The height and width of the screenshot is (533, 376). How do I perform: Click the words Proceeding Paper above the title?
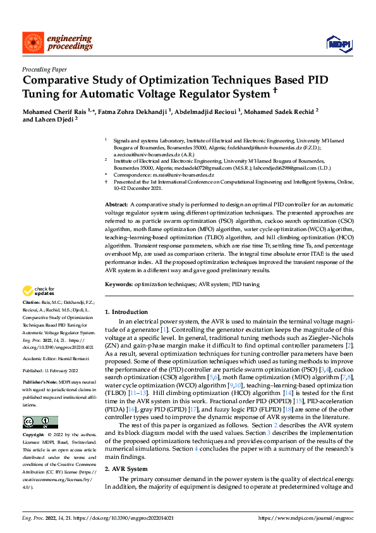[x=44, y=70]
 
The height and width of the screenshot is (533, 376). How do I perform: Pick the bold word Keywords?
[x=119, y=285]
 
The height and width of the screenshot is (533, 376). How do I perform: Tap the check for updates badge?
[x=37, y=292]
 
